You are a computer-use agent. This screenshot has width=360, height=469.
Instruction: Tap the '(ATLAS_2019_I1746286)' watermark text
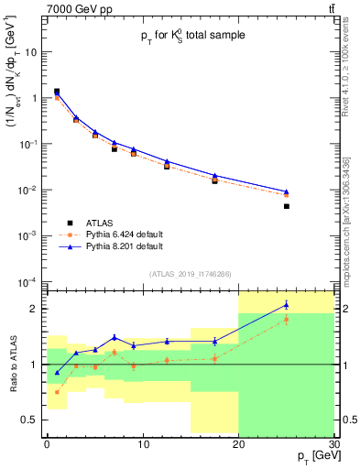tap(190, 273)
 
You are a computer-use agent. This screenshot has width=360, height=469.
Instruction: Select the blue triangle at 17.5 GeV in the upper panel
tap(214, 175)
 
